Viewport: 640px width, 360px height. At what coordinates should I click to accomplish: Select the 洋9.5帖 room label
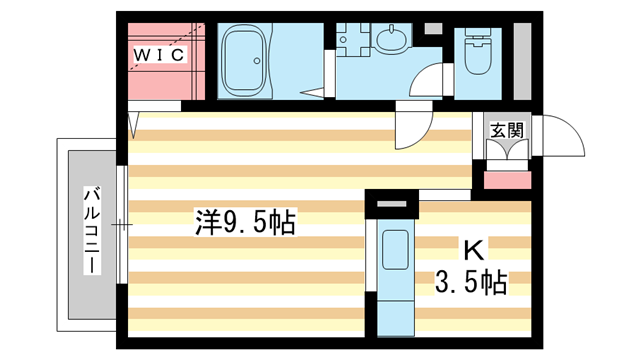click(244, 222)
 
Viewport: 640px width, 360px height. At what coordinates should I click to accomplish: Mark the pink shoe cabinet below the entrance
click(507, 180)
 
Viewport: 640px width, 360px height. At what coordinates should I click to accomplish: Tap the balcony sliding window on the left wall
click(122, 225)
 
